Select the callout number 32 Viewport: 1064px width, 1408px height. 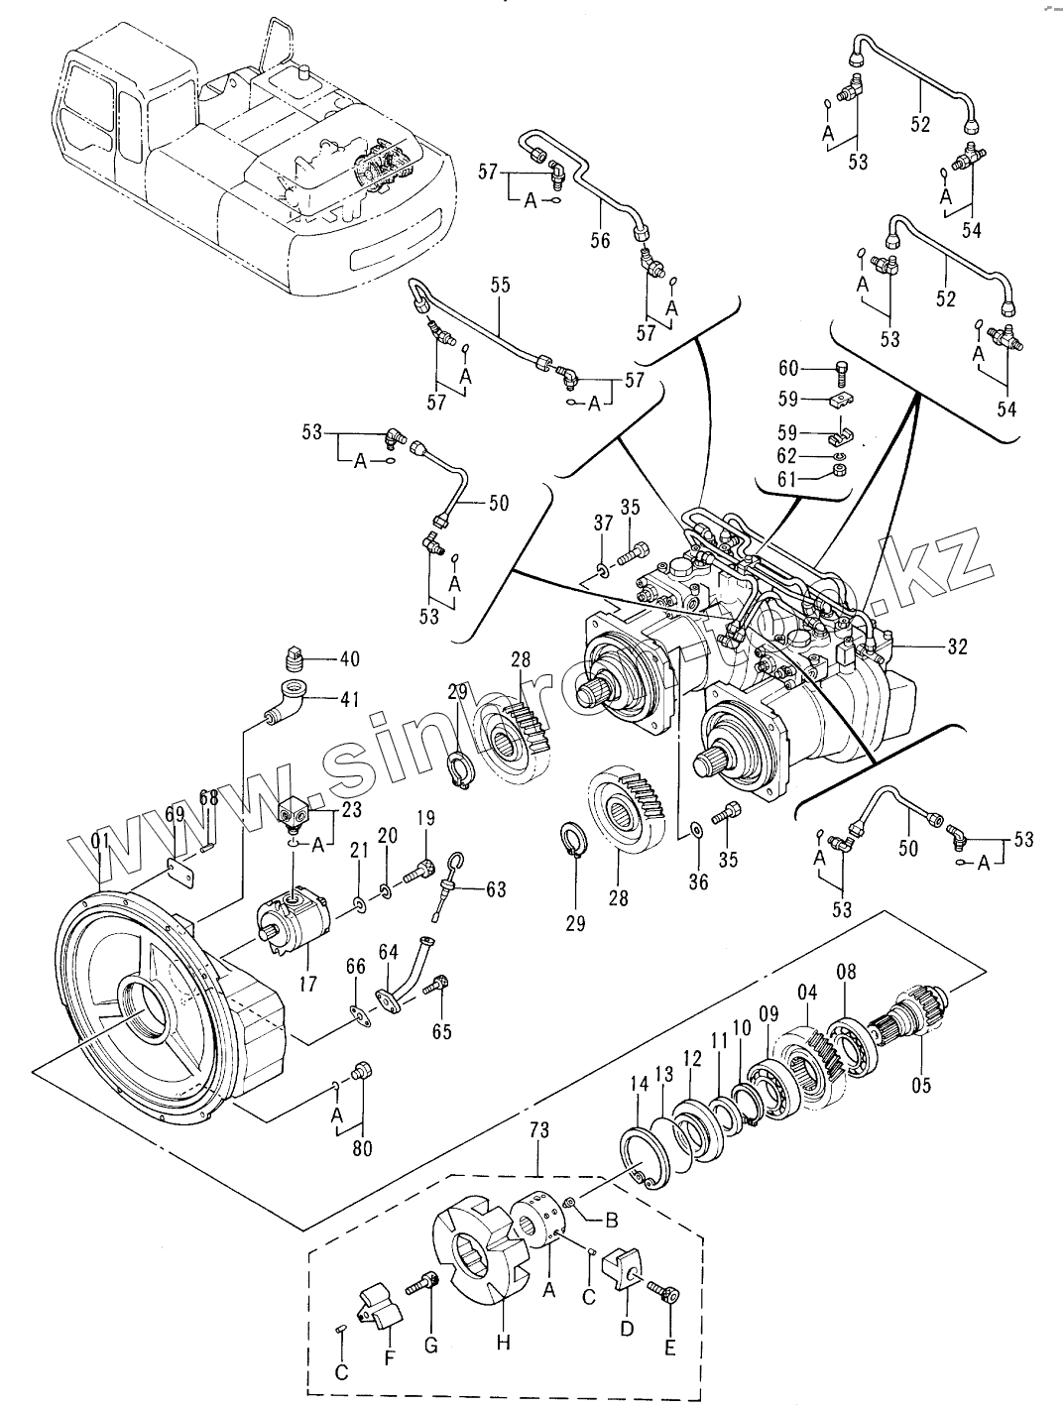pos(957,647)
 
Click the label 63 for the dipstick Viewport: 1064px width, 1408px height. pos(495,889)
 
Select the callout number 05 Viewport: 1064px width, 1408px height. pos(921,1086)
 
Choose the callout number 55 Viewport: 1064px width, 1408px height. pos(500,286)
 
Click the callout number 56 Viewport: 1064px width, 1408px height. pos(600,241)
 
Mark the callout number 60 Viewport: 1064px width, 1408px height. pos(788,370)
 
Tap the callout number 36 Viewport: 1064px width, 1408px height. pos(698,880)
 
